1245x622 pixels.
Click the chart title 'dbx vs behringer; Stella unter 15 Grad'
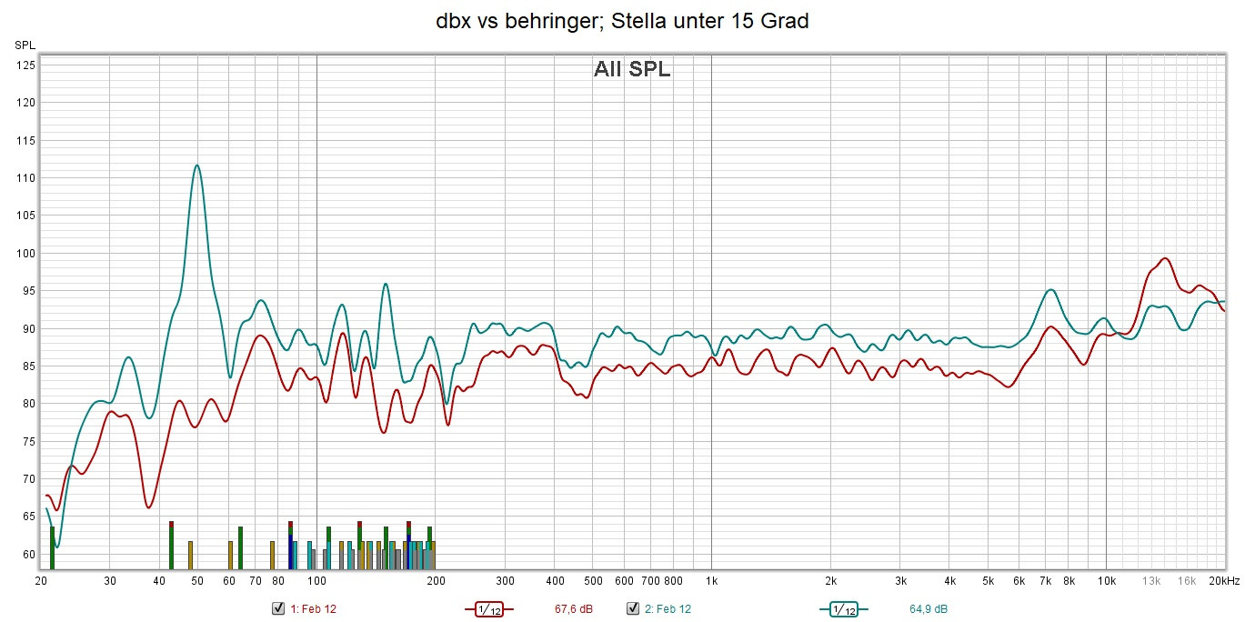coord(622,22)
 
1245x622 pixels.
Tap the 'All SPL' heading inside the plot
coord(632,69)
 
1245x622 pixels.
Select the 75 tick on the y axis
coord(27,441)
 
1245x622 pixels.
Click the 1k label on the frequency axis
coord(711,580)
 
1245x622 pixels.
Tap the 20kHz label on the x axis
coord(1223,580)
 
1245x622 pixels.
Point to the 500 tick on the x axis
coord(593,580)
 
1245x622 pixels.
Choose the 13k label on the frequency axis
coord(1151,580)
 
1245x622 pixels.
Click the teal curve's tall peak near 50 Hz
coord(196,166)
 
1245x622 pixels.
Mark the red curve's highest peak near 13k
coord(1164,258)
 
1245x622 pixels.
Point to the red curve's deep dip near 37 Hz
coord(149,507)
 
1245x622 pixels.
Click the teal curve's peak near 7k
coord(1050,290)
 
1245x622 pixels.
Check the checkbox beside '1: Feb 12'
coord(278,608)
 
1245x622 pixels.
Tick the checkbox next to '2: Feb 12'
coord(633,608)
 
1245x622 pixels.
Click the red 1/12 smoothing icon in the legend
coord(489,608)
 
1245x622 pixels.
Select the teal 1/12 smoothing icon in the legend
coord(844,608)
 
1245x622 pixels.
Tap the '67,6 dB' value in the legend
coord(573,608)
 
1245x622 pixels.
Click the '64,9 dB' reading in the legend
coord(928,608)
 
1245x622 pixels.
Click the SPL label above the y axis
coord(25,45)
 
